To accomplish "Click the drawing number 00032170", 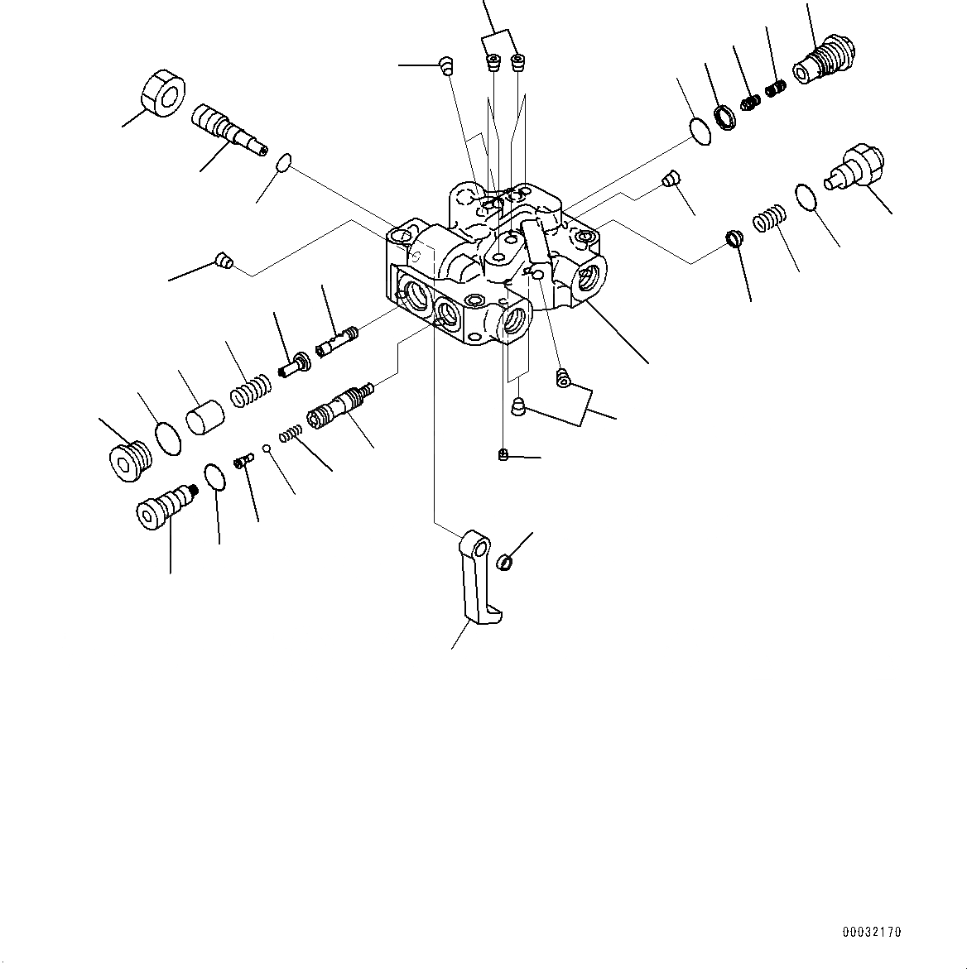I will [x=872, y=932].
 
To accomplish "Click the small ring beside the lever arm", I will [x=505, y=564].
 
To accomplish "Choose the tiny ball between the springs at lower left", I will [x=267, y=449].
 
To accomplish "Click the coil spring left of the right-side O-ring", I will [x=768, y=220].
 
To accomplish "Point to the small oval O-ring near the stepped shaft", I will [x=282, y=162].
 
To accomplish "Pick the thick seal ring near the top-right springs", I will [x=725, y=117].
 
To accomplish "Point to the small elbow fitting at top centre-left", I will [x=445, y=65].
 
